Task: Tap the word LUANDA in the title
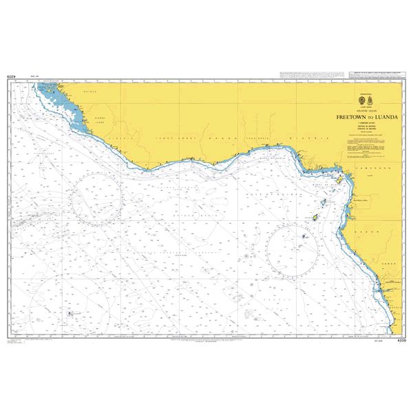point(374,117)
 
